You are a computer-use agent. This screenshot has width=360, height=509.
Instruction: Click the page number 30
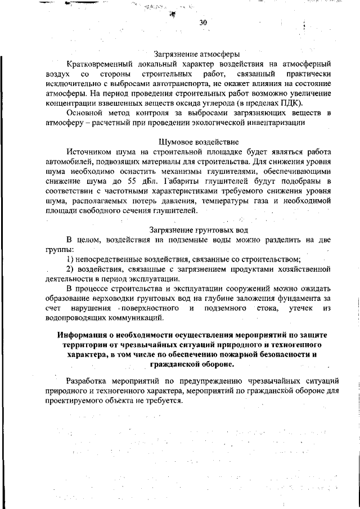[204, 22]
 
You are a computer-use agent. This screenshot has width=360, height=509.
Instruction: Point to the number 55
[141, 181]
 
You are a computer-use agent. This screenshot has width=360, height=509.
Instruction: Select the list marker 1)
[71, 259]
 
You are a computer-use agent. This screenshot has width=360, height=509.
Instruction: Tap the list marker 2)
[71, 269]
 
